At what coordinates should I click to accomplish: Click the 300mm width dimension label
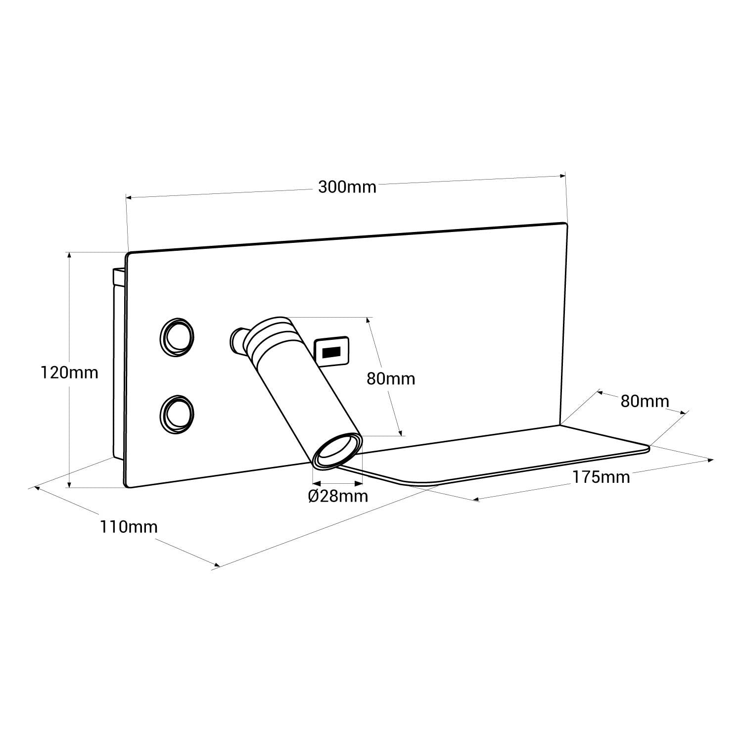pos(347,187)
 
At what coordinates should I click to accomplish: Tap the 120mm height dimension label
pos(69,372)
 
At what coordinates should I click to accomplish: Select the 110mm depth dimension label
pos(129,527)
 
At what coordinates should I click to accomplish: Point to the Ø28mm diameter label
pos(338,496)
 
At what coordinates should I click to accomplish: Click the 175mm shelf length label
pos(601,477)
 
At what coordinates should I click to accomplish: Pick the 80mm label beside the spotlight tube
pos(390,379)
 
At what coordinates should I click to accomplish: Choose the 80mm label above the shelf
pos(645,401)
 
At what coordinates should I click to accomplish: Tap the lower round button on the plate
pos(176,414)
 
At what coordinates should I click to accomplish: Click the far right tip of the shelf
pos(648,448)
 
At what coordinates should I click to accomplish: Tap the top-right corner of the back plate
pos(564,225)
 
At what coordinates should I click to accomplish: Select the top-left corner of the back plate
pos(129,255)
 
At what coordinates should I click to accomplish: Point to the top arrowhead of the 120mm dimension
pos(69,255)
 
